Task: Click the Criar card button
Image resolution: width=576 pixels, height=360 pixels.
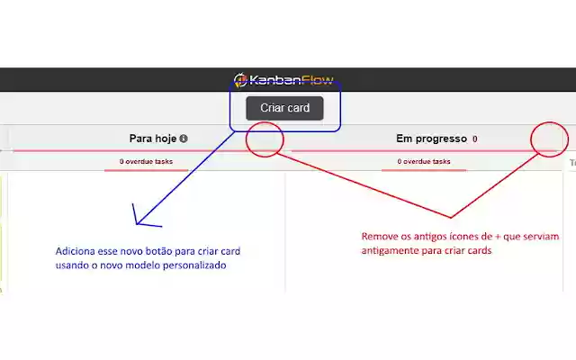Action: tap(284, 108)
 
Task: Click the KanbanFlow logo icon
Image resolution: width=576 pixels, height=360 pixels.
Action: tap(240, 80)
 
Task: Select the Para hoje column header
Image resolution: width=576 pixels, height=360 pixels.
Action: tap(153, 139)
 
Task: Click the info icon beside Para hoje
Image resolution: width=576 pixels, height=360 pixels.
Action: tap(184, 139)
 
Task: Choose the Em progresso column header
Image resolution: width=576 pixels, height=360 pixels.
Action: tap(431, 139)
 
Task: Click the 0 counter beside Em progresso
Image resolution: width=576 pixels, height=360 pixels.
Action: tap(474, 139)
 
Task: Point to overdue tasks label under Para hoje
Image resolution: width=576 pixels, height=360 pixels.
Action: tap(146, 162)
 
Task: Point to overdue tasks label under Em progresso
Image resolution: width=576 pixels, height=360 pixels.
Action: tap(423, 162)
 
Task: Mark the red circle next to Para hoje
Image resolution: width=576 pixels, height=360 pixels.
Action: tap(265, 139)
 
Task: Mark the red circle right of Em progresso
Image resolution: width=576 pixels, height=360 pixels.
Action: tap(549, 139)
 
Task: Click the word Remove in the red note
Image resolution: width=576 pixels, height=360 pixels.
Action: tap(380, 237)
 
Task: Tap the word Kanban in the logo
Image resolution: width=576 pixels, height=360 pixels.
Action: tap(274, 80)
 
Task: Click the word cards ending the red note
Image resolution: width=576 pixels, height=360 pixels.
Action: tap(478, 251)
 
